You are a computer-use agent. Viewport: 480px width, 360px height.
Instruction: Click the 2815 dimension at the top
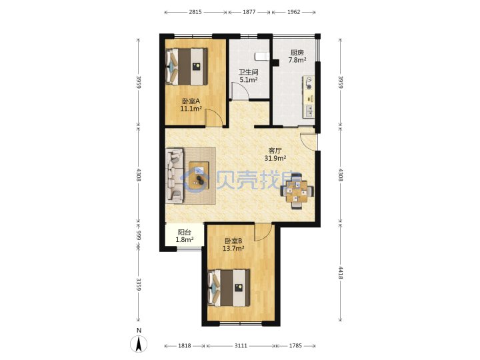(195, 12)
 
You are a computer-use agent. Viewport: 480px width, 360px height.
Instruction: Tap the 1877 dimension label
(249, 12)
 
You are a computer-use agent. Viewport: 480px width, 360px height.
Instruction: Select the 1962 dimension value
(293, 12)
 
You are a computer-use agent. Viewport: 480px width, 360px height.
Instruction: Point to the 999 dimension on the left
(139, 235)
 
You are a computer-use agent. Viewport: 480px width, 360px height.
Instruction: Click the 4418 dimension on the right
(341, 273)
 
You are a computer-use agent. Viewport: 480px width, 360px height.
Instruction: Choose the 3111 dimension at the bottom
(241, 345)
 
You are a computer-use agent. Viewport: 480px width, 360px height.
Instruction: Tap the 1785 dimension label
(295, 345)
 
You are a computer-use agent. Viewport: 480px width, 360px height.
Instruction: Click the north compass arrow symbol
(139, 344)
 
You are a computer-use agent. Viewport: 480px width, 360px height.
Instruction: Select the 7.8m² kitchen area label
(297, 60)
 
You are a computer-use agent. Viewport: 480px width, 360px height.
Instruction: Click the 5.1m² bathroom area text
(248, 80)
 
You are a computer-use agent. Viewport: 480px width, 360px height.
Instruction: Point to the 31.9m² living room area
(275, 158)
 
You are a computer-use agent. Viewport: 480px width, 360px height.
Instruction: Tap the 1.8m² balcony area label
(185, 240)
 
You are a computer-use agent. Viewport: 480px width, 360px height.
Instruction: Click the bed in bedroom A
(187, 67)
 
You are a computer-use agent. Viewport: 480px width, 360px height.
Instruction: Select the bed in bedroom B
(229, 288)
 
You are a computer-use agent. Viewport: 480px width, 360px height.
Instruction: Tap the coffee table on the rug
(199, 175)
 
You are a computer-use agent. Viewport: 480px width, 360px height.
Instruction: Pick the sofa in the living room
(175, 176)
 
